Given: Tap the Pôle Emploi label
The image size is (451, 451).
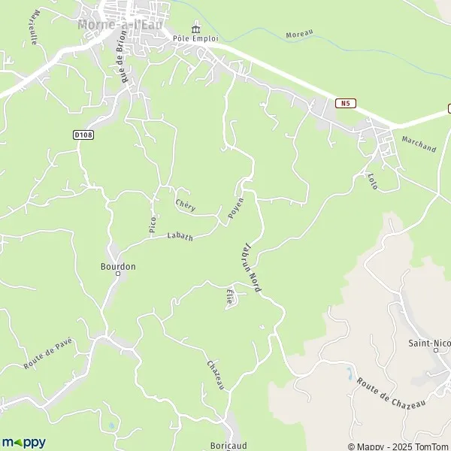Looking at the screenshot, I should click(195, 38).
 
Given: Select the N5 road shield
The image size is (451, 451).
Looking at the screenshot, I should click(346, 103).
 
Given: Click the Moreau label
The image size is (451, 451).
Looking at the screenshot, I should click(298, 34).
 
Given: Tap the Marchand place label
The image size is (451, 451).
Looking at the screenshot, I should click(419, 144).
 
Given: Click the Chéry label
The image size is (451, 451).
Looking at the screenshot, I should click(185, 204).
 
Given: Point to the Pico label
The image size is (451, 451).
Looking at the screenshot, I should click(153, 223).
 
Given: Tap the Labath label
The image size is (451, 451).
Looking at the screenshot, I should click(180, 237).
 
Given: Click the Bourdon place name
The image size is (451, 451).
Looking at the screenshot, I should click(118, 266).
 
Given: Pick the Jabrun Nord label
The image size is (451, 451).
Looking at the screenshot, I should click(250, 267).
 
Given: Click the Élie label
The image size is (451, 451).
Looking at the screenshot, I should click(229, 297).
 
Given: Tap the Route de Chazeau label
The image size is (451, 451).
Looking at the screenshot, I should click(391, 392).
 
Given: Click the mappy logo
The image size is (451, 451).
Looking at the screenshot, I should click(23, 442).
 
